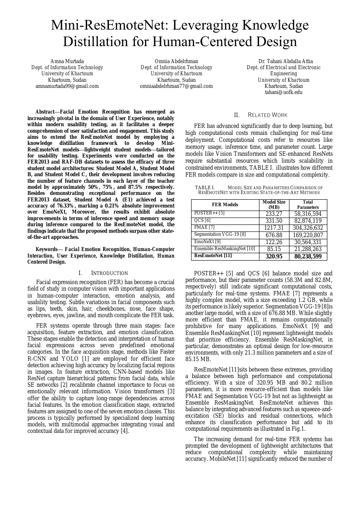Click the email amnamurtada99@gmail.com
pyautogui.click(x=67, y=86)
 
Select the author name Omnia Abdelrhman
pyautogui.click(x=176, y=61)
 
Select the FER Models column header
pyautogui.click(x=225, y=204)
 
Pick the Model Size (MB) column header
pyautogui.click(x=274, y=204)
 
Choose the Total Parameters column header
pyautogui.click(x=308, y=204)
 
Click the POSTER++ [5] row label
pyautogui.click(x=209, y=213)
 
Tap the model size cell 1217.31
pyautogui.click(x=274, y=228)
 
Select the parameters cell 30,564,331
pyautogui.click(x=308, y=242)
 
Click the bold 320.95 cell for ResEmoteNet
pyautogui.click(x=274, y=257)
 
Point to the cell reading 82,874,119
pyautogui.click(x=308, y=221)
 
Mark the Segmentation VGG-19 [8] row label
pyautogui.click(x=220, y=234)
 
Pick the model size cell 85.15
pyautogui.click(x=274, y=249)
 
